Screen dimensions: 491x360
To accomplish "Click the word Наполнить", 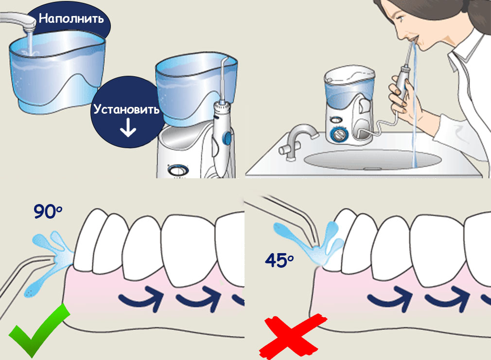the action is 71,18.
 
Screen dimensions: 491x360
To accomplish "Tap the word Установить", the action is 126,109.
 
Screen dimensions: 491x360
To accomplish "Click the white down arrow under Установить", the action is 128,128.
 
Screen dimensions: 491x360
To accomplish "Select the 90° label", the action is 48,211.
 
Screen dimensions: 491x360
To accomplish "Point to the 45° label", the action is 280,260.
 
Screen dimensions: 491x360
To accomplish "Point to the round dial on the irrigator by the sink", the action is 339,135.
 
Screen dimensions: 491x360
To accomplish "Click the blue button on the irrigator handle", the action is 227,137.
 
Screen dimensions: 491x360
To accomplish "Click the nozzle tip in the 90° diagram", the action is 52,259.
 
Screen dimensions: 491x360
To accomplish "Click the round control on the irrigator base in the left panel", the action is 177,171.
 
